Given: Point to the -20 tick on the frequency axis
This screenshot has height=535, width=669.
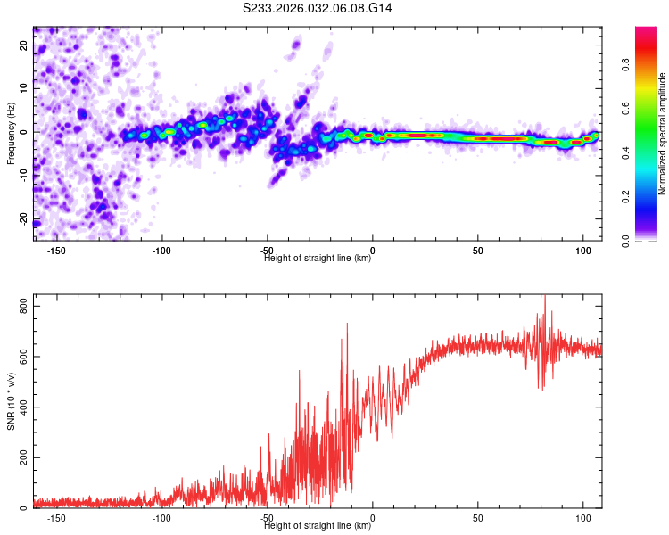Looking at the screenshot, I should (22, 222).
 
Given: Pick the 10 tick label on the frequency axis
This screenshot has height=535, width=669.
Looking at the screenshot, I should (24, 89).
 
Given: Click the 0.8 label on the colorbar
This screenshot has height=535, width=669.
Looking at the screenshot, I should (650, 65).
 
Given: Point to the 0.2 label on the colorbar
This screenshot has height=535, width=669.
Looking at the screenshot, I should (650, 197).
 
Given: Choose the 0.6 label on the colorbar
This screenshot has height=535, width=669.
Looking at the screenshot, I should (650, 109).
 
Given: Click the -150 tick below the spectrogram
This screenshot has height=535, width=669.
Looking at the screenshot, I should (55, 251).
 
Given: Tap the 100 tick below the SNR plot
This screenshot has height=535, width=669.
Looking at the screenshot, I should (583, 518).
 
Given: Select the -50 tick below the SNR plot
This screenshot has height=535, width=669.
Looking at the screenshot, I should (267, 518).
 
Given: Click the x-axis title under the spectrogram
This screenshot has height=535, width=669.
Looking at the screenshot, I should (318, 259).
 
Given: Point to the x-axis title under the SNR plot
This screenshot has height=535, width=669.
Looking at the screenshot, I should (318, 526).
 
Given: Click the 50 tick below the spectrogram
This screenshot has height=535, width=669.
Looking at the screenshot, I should (478, 251).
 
